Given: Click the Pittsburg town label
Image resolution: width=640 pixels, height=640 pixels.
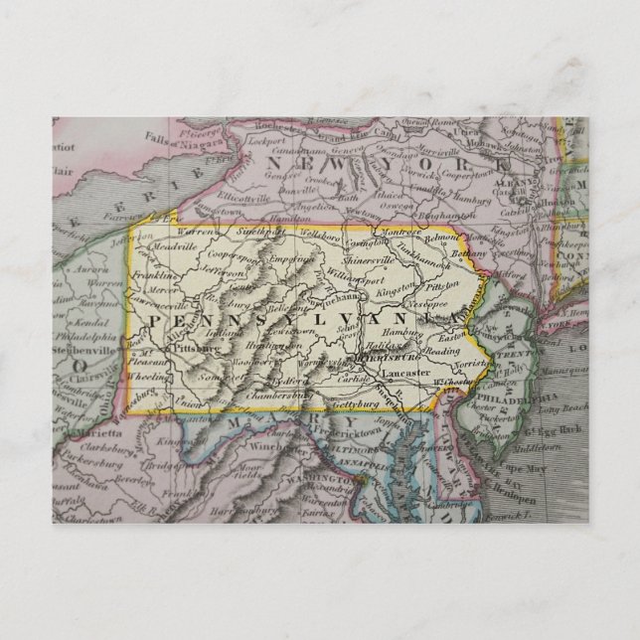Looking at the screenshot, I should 196,349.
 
